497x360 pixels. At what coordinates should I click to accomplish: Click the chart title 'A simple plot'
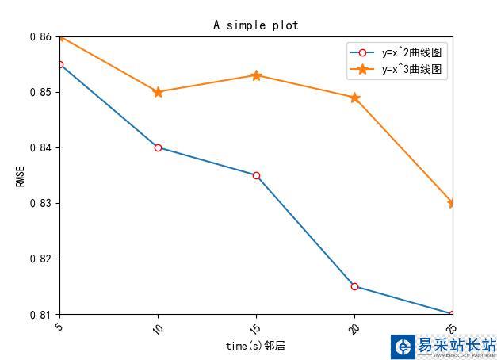click(255, 25)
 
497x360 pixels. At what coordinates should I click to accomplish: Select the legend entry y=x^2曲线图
click(411, 53)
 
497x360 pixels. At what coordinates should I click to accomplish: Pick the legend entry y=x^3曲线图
click(411, 70)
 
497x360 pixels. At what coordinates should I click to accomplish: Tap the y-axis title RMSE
click(21, 175)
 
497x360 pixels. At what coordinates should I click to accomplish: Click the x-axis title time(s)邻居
click(255, 346)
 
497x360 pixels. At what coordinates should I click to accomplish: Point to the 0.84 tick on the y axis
click(40, 147)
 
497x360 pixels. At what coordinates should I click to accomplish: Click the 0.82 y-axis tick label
click(40, 259)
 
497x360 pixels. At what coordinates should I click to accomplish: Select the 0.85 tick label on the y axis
click(40, 92)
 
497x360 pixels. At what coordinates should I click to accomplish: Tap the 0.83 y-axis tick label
click(40, 203)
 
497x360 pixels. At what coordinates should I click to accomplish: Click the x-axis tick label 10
click(157, 327)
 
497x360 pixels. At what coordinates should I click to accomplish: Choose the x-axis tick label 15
click(255, 327)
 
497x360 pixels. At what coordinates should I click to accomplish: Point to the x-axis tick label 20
click(354, 327)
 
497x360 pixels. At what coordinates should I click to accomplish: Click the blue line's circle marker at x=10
click(158, 147)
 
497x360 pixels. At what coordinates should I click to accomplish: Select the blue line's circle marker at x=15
click(256, 175)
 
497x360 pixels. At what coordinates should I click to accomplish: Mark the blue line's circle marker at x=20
click(354, 286)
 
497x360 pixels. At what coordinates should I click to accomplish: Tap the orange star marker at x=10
click(158, 92)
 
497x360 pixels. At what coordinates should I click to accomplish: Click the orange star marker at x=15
click(256, 75)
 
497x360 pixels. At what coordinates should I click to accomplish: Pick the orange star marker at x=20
click(354, 98)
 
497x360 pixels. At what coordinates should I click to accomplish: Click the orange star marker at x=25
click(452, 203)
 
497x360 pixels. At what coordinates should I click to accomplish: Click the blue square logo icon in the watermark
click(403, 347)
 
